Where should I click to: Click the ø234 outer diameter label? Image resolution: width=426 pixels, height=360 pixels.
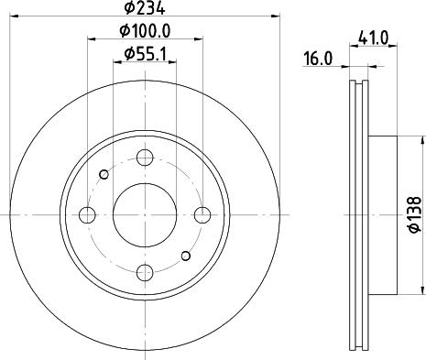coord(145,9)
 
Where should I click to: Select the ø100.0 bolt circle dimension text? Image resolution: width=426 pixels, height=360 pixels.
coord(145,33)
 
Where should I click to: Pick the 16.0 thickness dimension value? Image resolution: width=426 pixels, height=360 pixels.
coord(316,58)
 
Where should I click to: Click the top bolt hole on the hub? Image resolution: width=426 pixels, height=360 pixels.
coord(145,158)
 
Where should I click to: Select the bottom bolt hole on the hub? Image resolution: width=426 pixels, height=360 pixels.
coord(145,271)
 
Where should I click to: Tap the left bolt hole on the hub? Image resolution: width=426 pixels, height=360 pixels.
coord(88,214)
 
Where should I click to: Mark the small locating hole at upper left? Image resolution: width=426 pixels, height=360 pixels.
coord(104,174)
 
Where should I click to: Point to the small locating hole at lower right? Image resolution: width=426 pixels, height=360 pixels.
coord(186,256)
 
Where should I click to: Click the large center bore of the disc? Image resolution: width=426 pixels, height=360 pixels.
coord(145,214)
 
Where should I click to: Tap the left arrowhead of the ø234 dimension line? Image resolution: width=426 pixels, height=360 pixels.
coord(16,16)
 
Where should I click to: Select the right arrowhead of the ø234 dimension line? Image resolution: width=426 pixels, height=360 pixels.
coord(273,16)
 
